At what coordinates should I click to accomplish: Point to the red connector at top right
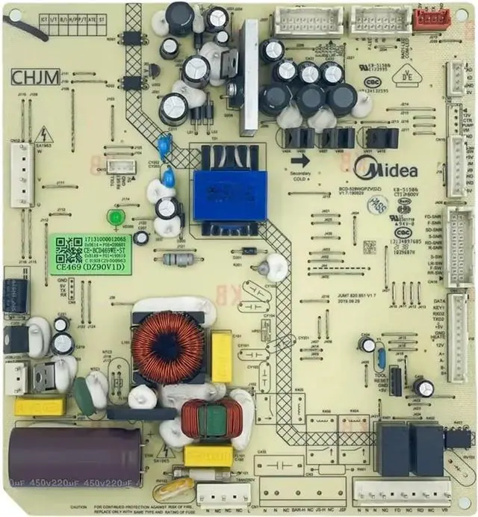432,18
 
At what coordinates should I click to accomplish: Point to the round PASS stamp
379,203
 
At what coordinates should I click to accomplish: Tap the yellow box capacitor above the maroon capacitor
40,406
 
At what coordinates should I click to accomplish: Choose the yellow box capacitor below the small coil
208,456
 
